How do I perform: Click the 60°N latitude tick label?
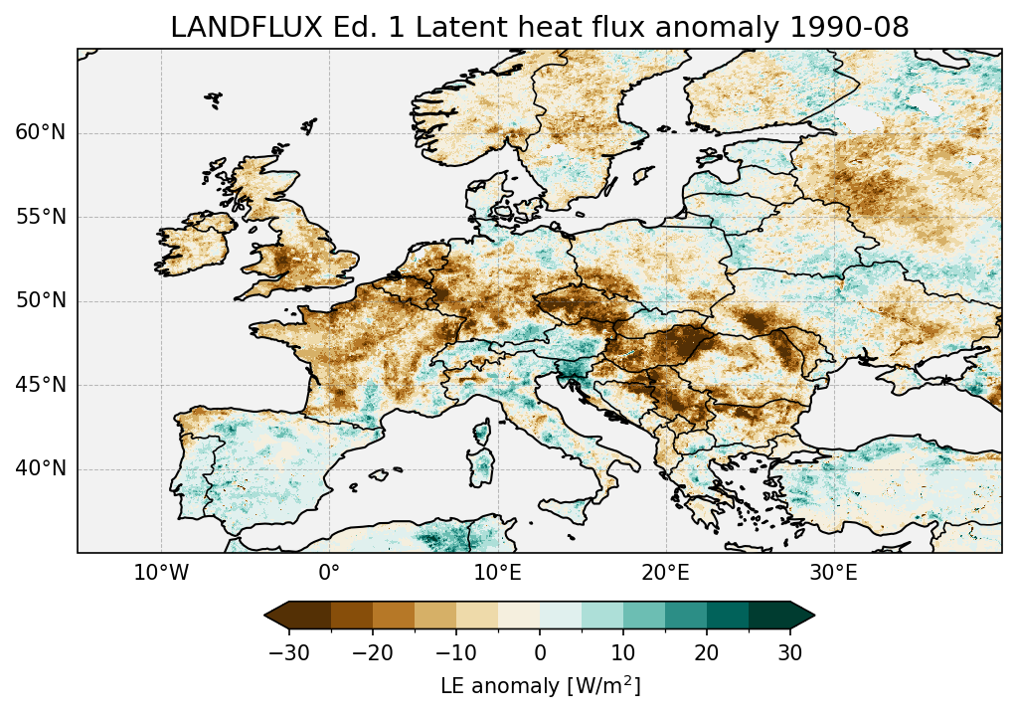41,133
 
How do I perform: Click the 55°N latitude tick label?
41,217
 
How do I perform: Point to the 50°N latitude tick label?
41,300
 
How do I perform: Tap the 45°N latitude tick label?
41,384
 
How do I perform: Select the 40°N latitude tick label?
41,468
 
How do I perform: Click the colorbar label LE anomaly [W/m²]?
540,686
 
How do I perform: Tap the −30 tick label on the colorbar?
288,653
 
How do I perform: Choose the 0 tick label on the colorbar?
540,653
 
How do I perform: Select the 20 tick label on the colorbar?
707,653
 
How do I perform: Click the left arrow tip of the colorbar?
266,617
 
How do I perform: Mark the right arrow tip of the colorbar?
813,617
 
